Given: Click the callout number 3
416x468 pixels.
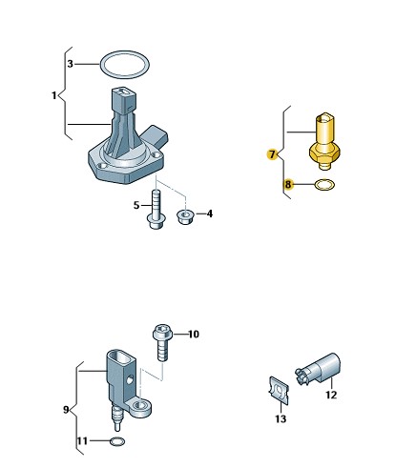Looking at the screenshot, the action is click(x=71, y=64).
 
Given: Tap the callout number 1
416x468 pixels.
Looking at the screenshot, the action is click(x=54, y=95).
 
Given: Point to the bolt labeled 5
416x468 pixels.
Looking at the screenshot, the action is click(x=156, y=209).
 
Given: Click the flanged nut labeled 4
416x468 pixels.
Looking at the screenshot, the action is click(x=184, y=216).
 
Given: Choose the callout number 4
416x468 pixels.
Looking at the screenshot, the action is click(x=210, y=214).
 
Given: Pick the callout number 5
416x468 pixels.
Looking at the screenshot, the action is click(x=136, y=205).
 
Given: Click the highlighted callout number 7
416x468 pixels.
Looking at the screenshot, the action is click(x=272, y=154).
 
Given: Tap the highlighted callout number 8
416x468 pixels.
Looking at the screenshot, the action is click(x=288, y=184).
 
